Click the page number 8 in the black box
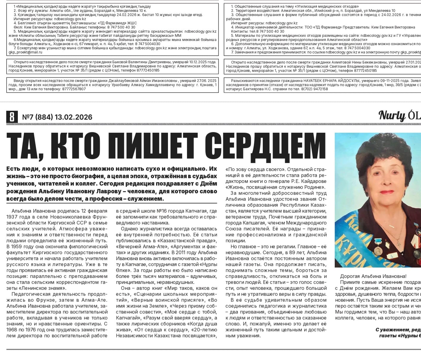(x=12, y=117)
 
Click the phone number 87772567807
(x=71, y=89)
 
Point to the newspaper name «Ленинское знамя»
(x=42, y=288)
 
